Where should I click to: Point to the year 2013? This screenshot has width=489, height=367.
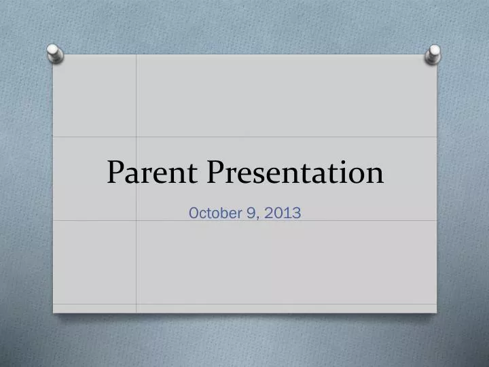pos(285,213)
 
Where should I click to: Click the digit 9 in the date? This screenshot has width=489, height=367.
pos(253,213)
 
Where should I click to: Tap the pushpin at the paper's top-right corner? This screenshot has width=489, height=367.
pos(433,54)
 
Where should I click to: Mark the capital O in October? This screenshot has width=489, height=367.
pos(194,213)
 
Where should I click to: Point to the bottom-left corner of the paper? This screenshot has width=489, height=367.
pos(54,312)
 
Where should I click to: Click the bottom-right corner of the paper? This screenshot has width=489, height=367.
pos(436,313)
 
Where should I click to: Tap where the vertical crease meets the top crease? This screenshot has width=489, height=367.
pos(137,137)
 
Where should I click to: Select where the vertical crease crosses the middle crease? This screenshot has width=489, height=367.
pos(137,220)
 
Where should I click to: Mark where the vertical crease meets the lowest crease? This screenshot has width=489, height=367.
pos(137,304)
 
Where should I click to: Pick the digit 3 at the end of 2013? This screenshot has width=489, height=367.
pos(297,213)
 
